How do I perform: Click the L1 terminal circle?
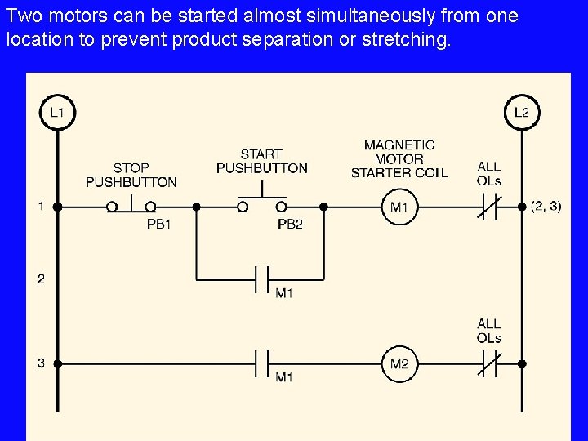pos(57,113)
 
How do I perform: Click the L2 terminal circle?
pos(521,113)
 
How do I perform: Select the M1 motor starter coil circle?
pos(399,207)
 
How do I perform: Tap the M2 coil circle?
pos(399,363)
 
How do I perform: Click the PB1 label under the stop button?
pos(158,224)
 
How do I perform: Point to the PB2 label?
pos(290,224)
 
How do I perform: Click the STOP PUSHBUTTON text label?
pos(131,175)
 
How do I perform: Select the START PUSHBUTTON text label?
pos(261,161)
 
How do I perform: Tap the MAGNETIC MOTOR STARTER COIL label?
pos(399,158)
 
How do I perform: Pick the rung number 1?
pos(41,207)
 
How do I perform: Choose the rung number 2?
pos(41,278)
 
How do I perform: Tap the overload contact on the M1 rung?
pos(488,207)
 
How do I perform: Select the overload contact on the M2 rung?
pos(488,363)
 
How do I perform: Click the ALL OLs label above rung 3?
pos(489,331)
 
